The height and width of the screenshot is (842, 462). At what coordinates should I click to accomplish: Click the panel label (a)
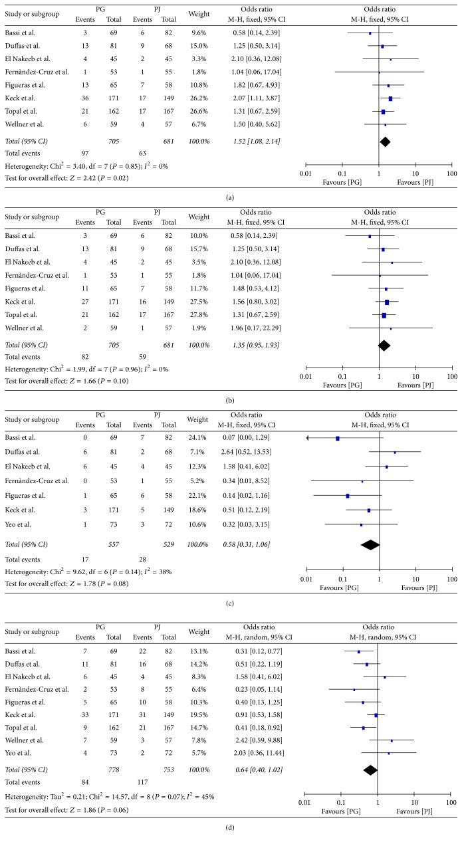coord(230,196)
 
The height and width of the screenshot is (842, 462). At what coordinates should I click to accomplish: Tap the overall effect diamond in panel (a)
coord(384,141)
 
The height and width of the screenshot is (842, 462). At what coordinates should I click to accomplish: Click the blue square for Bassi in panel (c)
coord(338,438)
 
